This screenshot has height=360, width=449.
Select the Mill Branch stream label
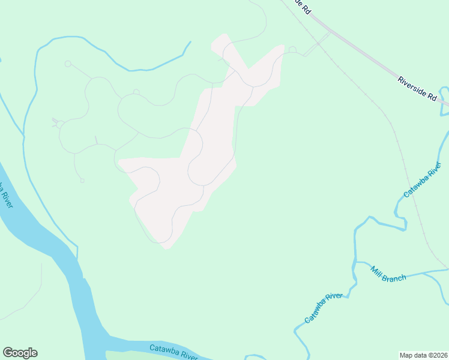(388, 273)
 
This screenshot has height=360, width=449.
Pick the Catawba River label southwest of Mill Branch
(323, 308)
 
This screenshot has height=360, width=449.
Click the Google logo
(20, 353)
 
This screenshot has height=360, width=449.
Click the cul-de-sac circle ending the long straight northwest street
(68, 64)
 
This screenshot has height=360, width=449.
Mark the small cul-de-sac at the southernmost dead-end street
(82, 181)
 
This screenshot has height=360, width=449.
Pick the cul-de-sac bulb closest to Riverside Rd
(292, 50)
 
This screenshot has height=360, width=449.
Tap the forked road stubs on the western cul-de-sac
(56, 123)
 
